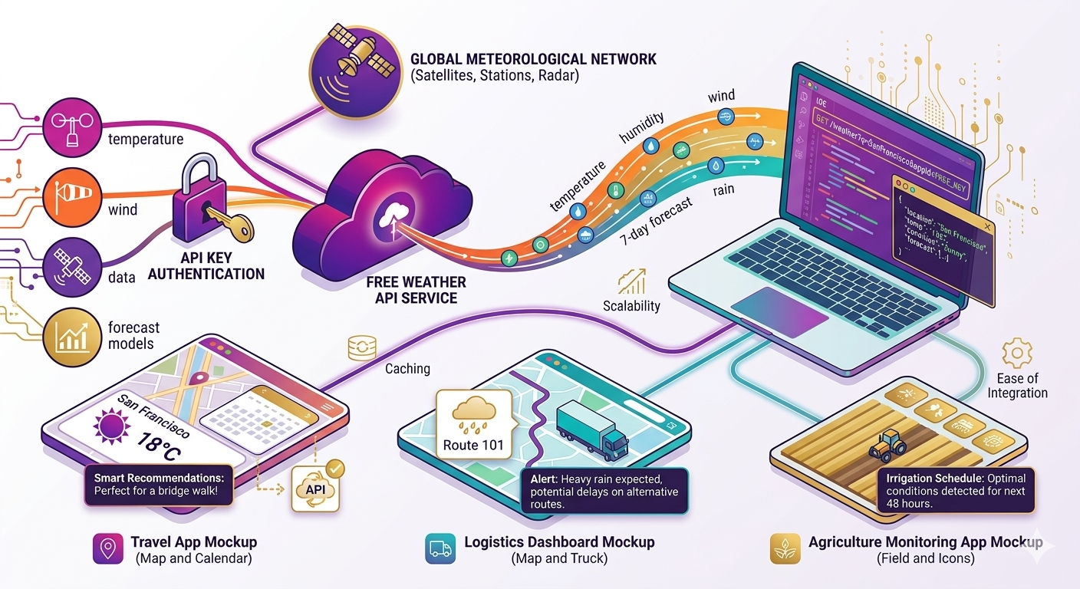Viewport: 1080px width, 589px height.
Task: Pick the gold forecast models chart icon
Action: pyautogui.click(x=71, y=337)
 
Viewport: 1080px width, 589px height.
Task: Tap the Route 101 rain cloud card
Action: pyautogui.click(x=473, y=423)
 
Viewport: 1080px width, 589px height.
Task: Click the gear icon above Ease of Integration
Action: pyautogui.click(x=1016, y=353)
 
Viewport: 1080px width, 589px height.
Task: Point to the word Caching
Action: pyautogui.click(x=407, y=369)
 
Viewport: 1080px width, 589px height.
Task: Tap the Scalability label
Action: pyautogui.click(x=631, y=306)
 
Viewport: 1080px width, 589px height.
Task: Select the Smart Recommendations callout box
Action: pyautogui.click(x=161, y=485)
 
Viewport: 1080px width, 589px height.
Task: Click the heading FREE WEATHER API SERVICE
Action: pyautogui.click(x=416, y=291)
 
